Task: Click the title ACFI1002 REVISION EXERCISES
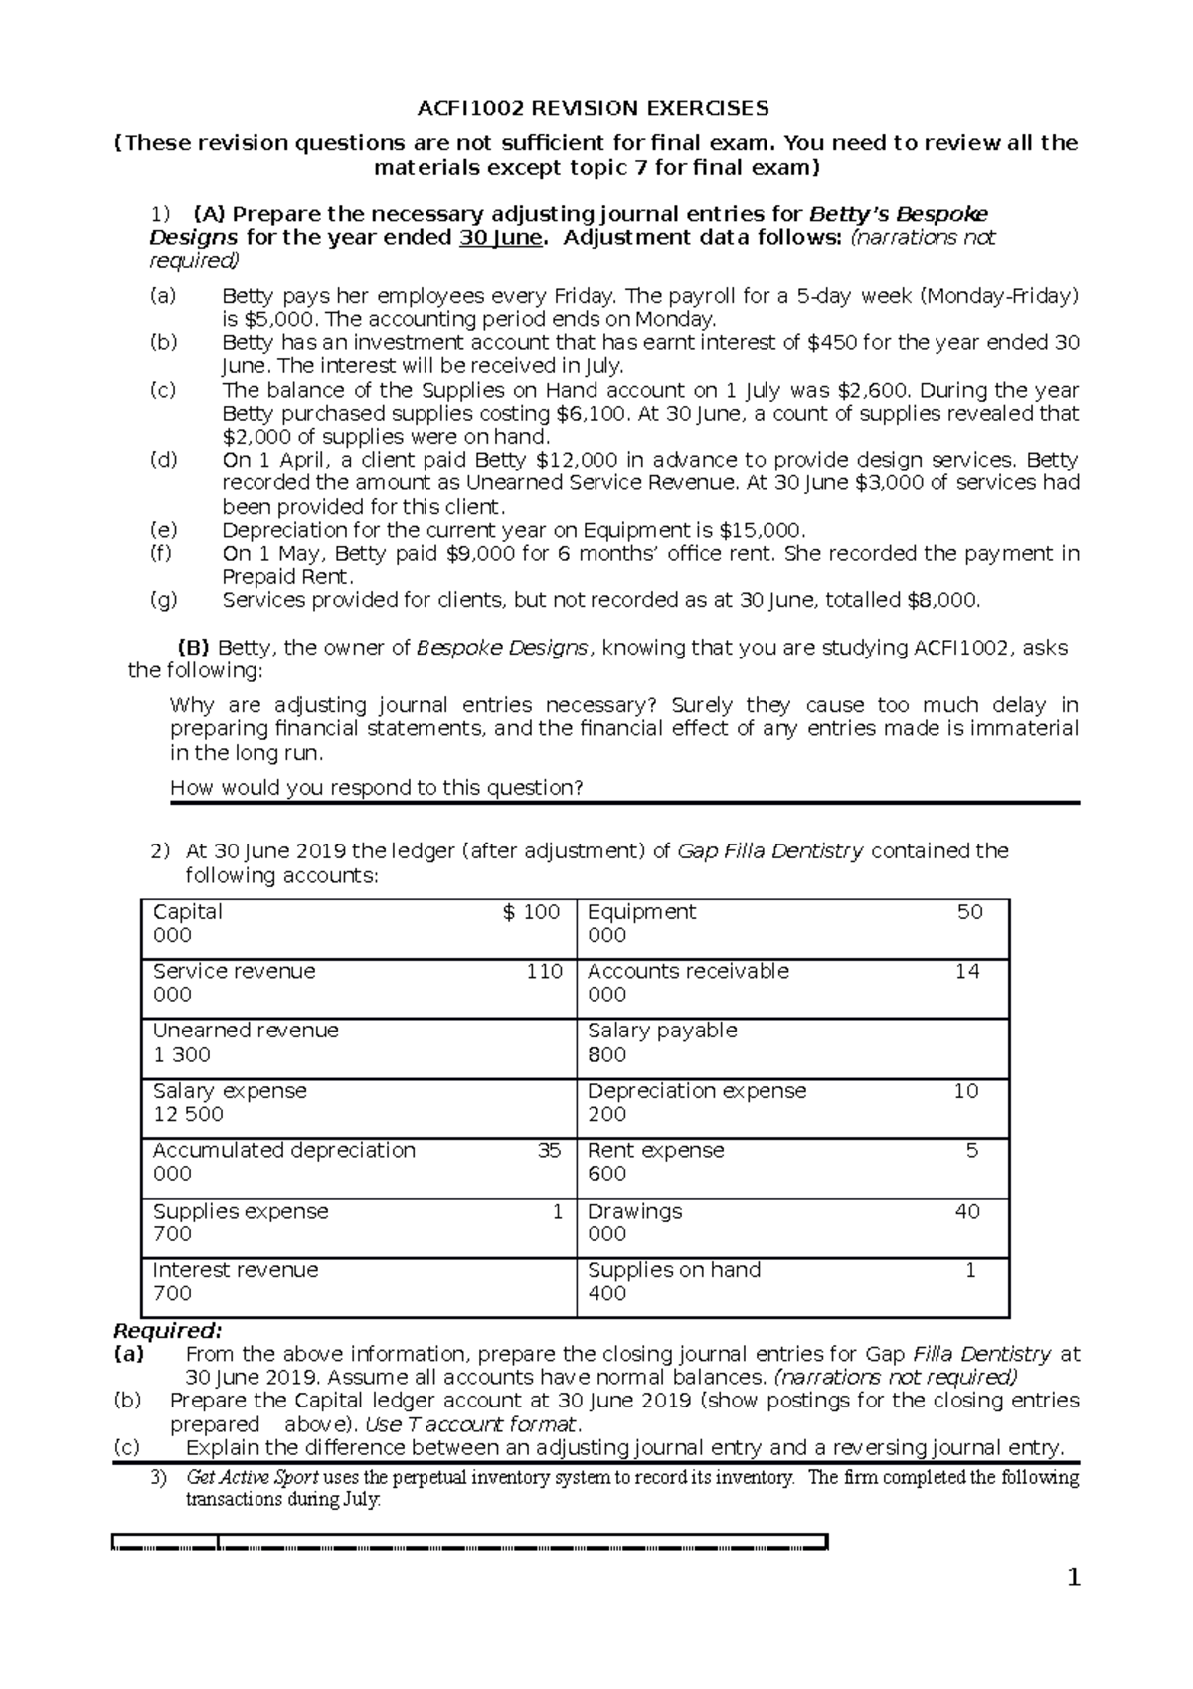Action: click(593, 108)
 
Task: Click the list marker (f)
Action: click(162, 553)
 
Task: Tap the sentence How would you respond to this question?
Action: click(376, 788)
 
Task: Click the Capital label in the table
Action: click(187, 912)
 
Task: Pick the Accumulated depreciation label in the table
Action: click(283, 1150)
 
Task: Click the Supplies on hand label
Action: click(673, 1270)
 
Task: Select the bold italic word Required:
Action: click(168, 1331)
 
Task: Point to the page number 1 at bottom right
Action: click(1072, 1578)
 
